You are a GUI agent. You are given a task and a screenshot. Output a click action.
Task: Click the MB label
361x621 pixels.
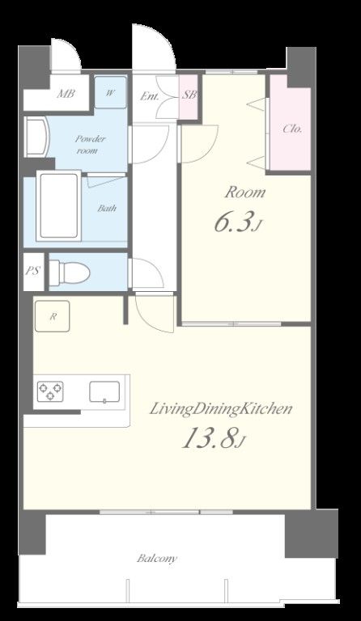click(x=66, y=94)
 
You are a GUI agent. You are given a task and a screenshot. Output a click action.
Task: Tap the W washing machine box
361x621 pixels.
click(x=110, y=92)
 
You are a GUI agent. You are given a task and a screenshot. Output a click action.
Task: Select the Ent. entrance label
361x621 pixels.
click(x=149, y=96)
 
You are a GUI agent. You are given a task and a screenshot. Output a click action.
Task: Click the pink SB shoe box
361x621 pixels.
click(x=189, y=97)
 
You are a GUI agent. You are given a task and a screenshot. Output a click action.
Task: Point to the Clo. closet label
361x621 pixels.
click(x=292, y=129)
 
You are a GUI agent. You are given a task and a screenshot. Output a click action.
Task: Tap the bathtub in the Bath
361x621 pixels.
click(x=58, y=206)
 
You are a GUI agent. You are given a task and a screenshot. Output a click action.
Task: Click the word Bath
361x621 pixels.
click(x=107, y=208)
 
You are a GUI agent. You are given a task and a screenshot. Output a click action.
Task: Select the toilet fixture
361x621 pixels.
click(x=70, y=272)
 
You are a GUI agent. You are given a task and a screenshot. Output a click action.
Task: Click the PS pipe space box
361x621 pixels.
click(x=33, y=272)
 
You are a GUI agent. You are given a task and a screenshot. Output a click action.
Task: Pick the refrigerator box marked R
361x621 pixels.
click(x=53, y=316)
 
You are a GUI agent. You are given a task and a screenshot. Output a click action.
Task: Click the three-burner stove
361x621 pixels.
click(x=50, y=391)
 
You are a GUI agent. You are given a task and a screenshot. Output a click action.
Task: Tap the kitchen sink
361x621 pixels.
click(x=104, y=391)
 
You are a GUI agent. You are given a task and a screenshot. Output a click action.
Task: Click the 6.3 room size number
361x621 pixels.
click(x=233, y=223)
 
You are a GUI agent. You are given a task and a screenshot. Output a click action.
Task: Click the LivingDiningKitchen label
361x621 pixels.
click(x=221, y=408)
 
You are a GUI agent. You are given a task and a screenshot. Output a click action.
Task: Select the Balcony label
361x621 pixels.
click(x=157, y=559)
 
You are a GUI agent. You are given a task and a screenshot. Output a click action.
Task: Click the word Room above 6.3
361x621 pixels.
click(x=245, y=193)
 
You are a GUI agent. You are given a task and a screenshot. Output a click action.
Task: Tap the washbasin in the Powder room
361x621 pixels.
click(x=37, y=137)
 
